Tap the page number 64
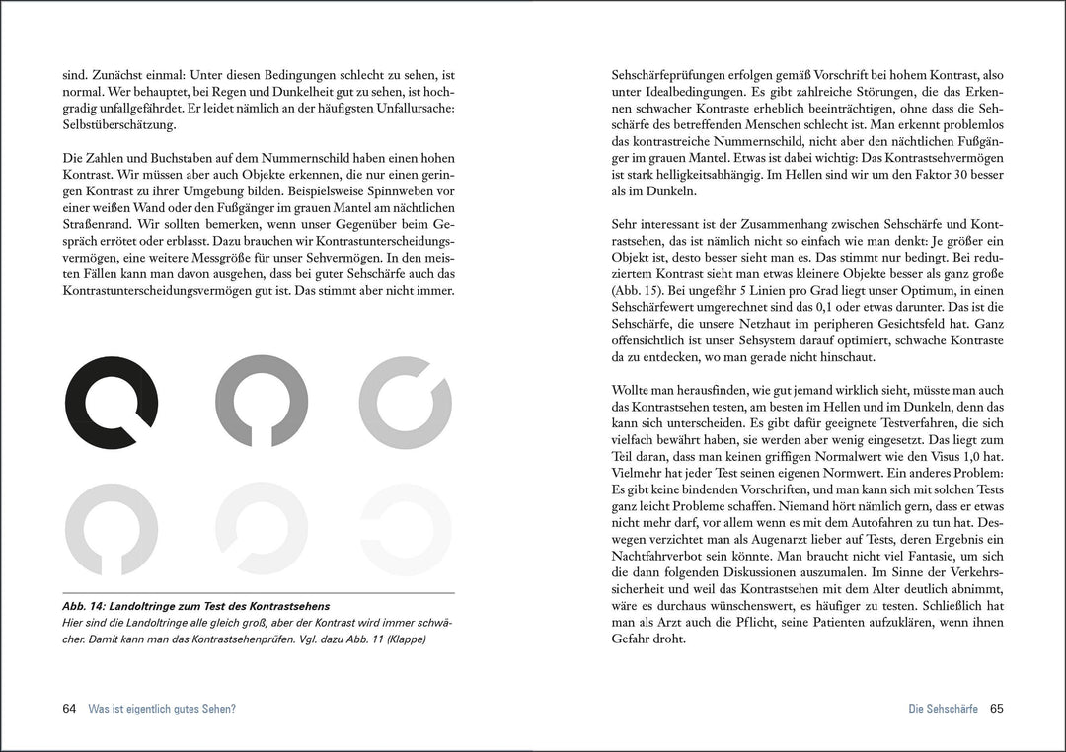coord(69,709)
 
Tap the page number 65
coord(996,709)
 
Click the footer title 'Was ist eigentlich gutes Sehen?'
coord(162,709)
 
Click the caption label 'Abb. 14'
coord(84,605)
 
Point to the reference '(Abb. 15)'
coord(639,293)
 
